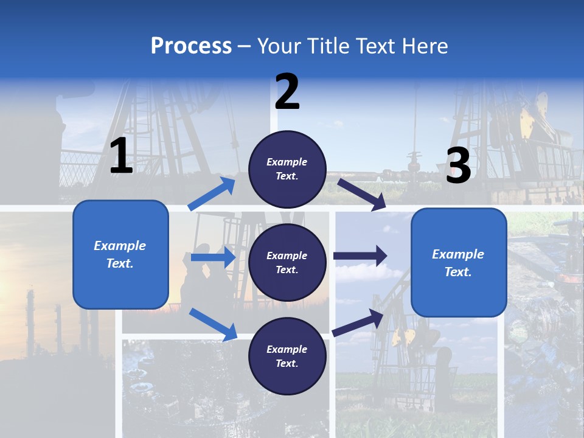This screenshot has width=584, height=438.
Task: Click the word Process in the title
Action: click(x=191, y=46)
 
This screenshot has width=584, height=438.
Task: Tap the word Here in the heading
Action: click(x=423, y=46)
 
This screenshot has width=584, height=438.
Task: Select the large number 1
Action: click(x=121, y=156)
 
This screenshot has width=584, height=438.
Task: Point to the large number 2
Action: click(x=287, y=92)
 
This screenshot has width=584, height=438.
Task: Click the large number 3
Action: click(x=458, y=165)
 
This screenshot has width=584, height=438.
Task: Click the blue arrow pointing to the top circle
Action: click(x=212, y=194)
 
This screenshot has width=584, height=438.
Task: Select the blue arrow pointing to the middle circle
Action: click(x=213, y=257)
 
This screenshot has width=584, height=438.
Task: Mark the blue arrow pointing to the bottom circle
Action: click(x=213, y=324)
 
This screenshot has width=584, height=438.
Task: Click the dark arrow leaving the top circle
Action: click(x=362, y=194)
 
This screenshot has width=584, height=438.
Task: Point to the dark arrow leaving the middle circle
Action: click(x=360, y=256)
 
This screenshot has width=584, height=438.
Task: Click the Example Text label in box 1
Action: click(x=120, y=254)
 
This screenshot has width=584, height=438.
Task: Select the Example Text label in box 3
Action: click(x=458, y=263)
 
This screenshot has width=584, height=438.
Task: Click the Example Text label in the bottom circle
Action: click(x=287, y=356)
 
